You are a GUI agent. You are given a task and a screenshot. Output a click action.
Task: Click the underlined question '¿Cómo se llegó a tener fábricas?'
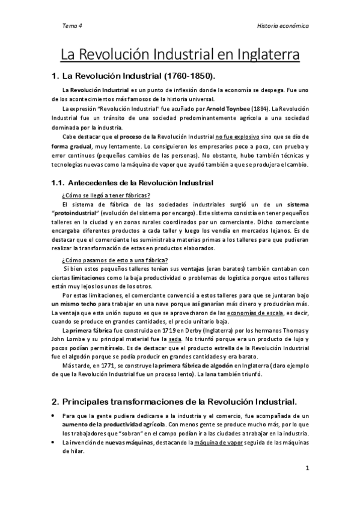point(106,195)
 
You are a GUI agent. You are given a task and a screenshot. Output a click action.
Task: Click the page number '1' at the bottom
point(307,469)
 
